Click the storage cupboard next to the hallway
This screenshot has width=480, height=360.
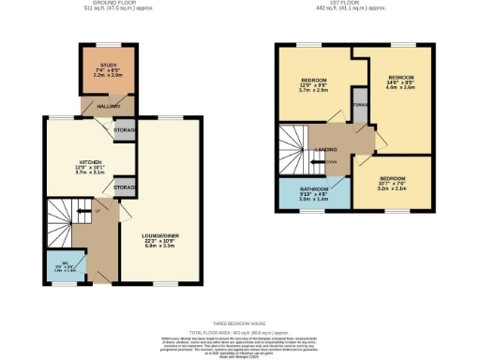126,129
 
